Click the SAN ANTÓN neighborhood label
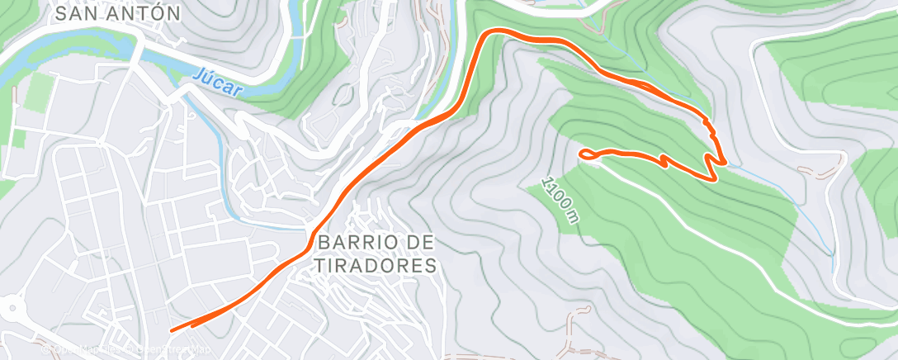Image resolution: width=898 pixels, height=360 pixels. click(x=116, y=13)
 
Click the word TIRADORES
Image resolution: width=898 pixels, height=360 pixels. click(x=376, y=266)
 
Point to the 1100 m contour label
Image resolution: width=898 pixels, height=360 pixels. click(x=560, y=199)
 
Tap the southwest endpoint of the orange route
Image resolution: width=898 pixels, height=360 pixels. click(x=173, y=329)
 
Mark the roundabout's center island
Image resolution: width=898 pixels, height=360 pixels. click(x=9, y=310)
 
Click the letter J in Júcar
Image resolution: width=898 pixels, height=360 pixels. click(x=199, y=74)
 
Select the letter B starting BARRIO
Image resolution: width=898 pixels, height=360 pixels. click(x=323, y=244)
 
